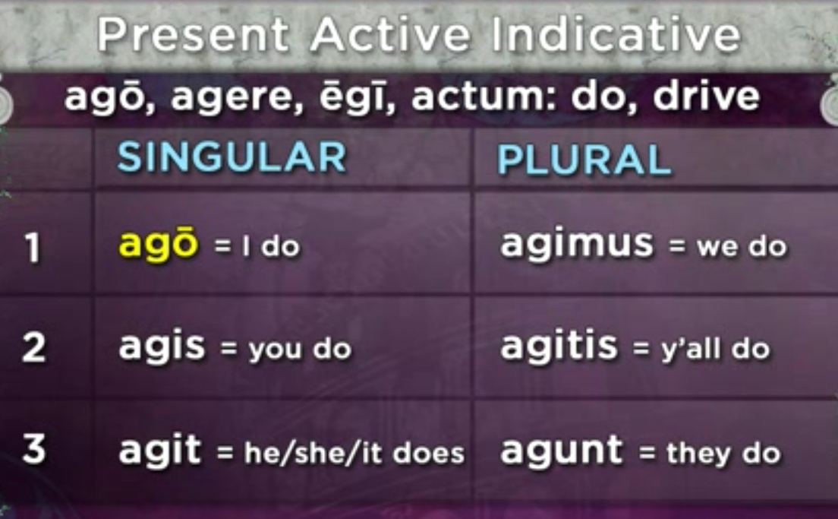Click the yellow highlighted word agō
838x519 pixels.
click(x=158, y=244)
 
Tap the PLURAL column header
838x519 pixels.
click(x=584, y=160)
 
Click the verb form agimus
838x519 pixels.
click(x=577, y=243)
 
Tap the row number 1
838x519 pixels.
click(x=32, y=248)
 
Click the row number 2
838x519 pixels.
click(x=33, y=347)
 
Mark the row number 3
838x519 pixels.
click(x=33, y=448)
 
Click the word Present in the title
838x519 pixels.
click(x=193, y=33)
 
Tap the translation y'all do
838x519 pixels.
click(x=716, y=348)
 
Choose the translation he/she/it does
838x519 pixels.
click(x=354, y=453)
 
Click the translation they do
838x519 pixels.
click(x=723, y=453)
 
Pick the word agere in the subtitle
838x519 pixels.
click(x=237, y=98)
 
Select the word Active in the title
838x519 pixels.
click(x=391, y=33)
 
